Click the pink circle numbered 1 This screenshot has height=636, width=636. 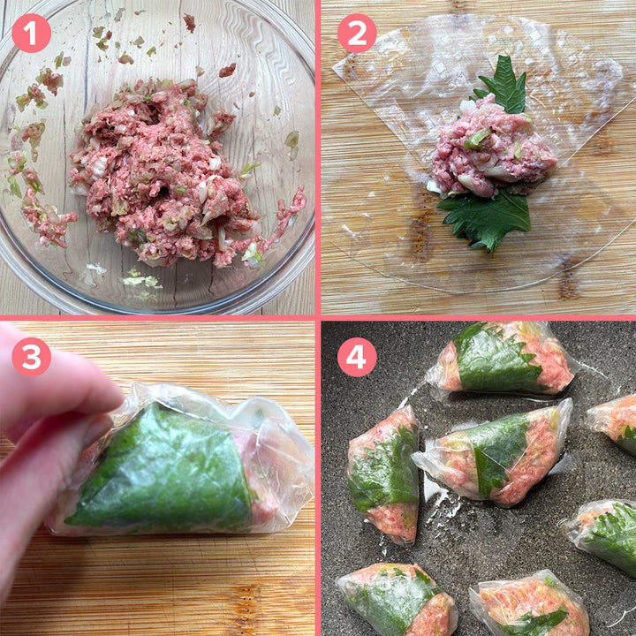pyautogui.click(x=31, y=34)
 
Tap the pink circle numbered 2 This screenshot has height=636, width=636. pyautogui.click(x=357, y=34)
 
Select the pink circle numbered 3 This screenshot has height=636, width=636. pyautogui.click(x=31, y=357)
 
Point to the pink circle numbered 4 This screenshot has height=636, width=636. pyautogui.click(x=357, y=357)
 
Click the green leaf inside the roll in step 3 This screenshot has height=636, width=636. pyautogui.click(x=163, y=471)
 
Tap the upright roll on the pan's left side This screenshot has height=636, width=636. pyautogui.click(x=383, y=474)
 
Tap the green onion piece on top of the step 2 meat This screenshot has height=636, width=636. pyautogui.click(x=477, y=139)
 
